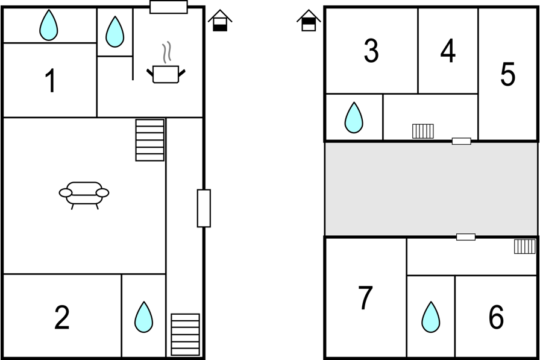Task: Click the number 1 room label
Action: (x=51, y=81)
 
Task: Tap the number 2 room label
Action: (x=62, y=317)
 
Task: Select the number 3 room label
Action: (x=371, y=51)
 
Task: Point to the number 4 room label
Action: (x=448, y=51)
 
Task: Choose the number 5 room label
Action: (x=507, y=74)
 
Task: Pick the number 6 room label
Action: (x=496, y=317)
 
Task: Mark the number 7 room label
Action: (x=365, y=297)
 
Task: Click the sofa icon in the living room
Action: (x=84, y=195)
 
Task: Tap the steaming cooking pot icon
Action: (x=166, y=63)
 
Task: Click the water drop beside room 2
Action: (x=143, y=317)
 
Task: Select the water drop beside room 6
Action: (x=430, y=317)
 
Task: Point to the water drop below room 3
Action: (x=354, y=118)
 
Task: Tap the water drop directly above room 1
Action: (x=49, y=25)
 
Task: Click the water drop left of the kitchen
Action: (x=115, y=32)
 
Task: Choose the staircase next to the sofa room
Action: (x=150, y=141)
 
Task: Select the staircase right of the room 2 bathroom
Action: (x=185, y=335)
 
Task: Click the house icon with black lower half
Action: (x=220, y=21)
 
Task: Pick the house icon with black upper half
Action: (x=309, y=21)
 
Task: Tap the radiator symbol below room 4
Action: (x=423, y=131)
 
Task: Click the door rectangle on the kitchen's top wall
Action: (x=169, y=7)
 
